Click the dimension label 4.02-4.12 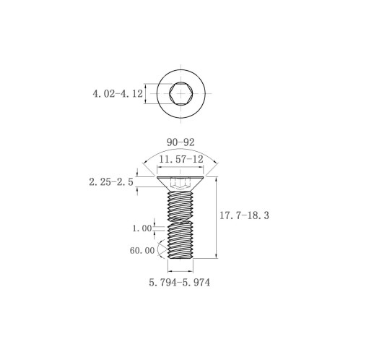118,93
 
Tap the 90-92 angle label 181,142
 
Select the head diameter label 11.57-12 181,159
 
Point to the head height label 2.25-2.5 111,182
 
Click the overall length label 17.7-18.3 244,215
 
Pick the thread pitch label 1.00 142,228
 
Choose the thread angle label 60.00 142,251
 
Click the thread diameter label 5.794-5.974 180,283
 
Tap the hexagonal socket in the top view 181,93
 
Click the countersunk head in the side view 181,184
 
